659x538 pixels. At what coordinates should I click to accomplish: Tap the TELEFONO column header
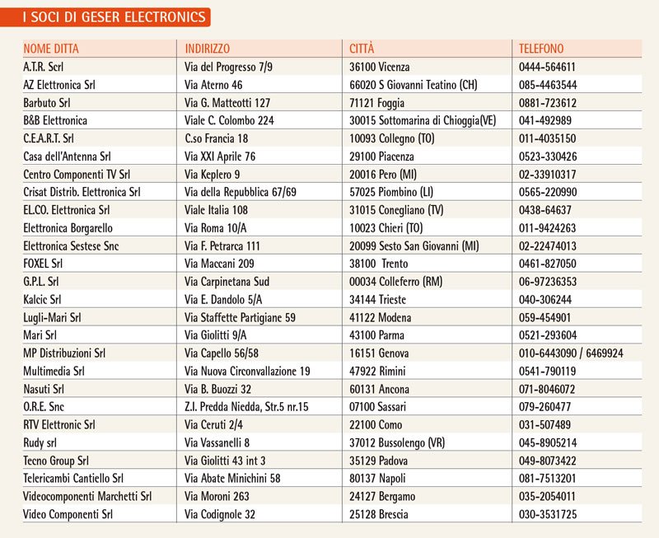tap(541, 49)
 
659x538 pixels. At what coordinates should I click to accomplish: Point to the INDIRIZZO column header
tap(208, 49)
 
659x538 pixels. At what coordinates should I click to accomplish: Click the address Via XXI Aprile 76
tap(220, 157)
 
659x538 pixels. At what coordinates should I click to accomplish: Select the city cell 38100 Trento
tap(386, 264)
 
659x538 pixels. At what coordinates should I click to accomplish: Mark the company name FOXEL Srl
tap(44, 264)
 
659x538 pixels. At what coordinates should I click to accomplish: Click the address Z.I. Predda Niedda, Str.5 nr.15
tap(247, 406)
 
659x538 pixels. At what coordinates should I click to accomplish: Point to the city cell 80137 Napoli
tap(384, 478)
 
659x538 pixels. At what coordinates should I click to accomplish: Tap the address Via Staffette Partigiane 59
tap(240, 317)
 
